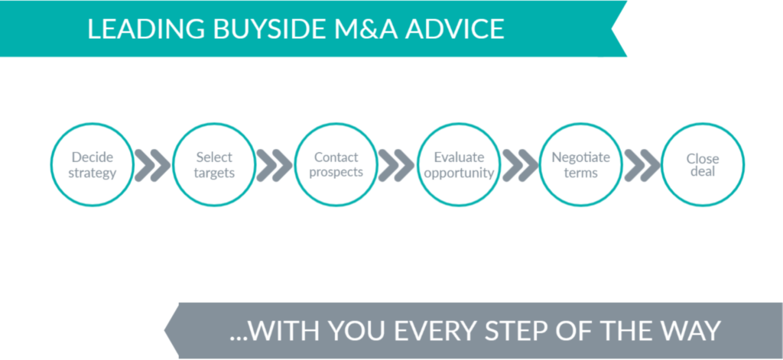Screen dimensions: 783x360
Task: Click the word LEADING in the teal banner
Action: point(146,29)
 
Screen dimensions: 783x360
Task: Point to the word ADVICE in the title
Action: point(454,29)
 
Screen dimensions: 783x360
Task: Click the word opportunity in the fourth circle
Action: point(459,174)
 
